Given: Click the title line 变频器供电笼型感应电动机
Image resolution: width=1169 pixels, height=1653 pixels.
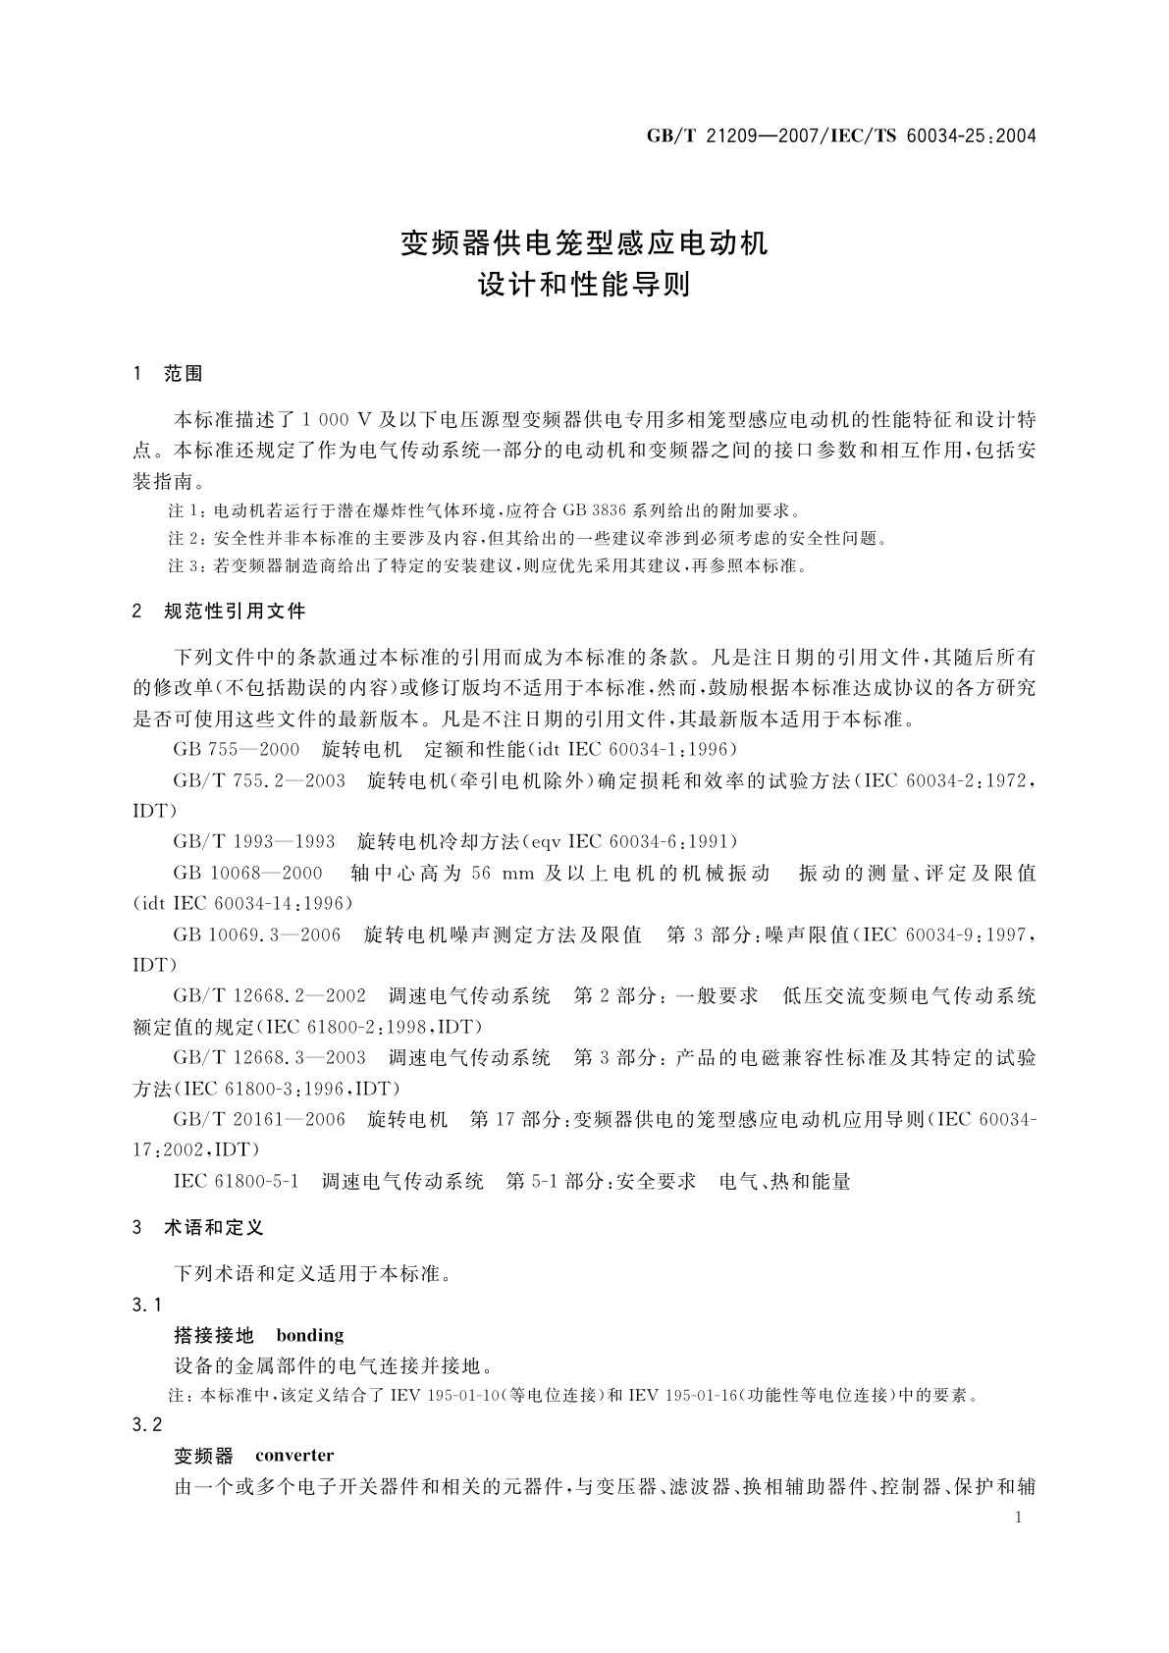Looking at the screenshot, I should [x=584, y=242].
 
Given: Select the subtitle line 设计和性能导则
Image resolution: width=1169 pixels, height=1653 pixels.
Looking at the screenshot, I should [x=584, y=285].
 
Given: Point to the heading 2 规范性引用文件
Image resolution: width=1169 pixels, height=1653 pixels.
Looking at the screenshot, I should [x=219, y=612].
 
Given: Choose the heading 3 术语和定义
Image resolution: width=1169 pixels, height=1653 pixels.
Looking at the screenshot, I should [x=198, y=1228].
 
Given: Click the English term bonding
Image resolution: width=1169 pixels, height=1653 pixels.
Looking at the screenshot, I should [x=310, y=1335].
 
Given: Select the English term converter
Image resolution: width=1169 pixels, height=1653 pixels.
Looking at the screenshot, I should [x=294, y=1456].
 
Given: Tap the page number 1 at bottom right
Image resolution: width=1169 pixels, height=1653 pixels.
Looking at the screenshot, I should [x=1018, y=1518].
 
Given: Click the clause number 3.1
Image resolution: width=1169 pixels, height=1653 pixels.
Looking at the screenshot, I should [x=146, y=1305].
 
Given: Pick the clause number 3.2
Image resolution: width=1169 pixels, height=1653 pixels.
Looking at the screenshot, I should [x=146, y=1425].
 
